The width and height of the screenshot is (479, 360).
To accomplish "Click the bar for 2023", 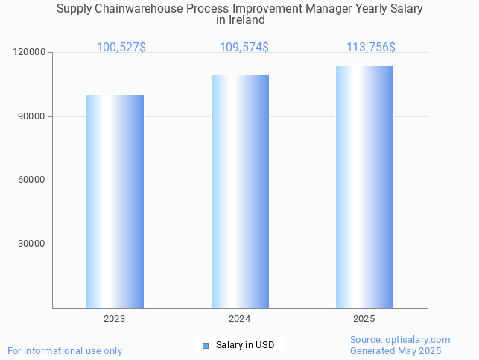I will pos(115,201).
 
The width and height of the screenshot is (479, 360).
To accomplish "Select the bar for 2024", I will pos(240,192).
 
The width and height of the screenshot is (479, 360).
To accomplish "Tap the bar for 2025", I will pos(364,187).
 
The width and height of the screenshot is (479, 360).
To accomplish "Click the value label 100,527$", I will pos(121,48).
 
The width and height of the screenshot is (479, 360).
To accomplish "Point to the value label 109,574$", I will pos(244,48).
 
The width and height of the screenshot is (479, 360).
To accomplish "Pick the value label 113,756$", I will pos(371,48).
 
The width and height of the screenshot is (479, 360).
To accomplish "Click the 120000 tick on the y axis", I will pos(30,53).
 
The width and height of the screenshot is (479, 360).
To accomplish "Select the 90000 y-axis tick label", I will pos(32,117).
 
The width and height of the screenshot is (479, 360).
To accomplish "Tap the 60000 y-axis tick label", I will pos(32,180).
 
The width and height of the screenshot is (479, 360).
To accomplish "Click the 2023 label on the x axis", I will pos(115,319).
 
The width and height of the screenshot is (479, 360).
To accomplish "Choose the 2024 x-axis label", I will pos(240,319).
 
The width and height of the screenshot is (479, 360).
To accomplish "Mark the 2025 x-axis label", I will pos(364,319).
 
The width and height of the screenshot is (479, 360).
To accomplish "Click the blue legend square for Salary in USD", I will pos(206,345).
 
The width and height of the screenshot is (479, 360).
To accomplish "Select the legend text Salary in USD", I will pos(245,345).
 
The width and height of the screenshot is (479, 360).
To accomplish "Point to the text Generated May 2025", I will pos(396,351).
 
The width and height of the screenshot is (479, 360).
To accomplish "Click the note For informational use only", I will pos(65,351).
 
